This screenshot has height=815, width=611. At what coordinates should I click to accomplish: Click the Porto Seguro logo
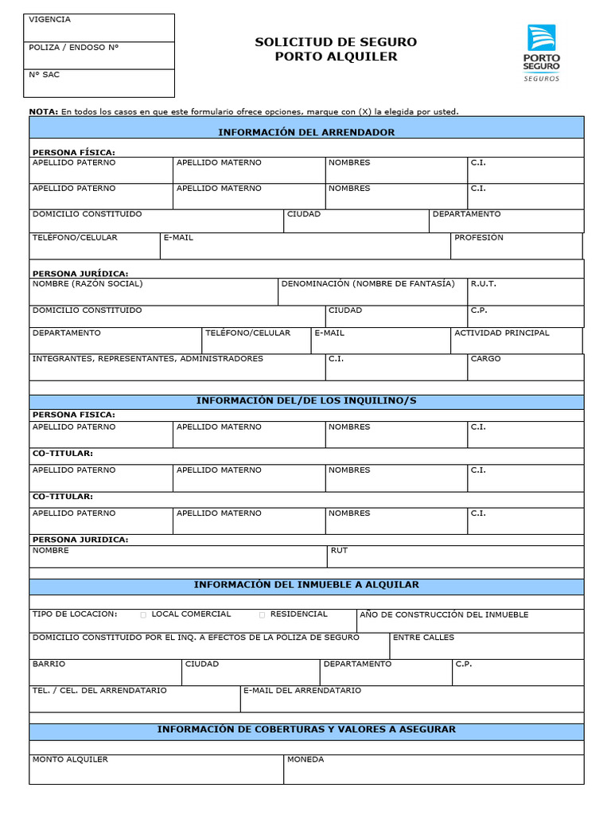point(542,53)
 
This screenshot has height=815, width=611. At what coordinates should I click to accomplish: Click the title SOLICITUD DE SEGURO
point(336,42)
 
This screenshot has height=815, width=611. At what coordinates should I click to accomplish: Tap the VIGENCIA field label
point(49,19)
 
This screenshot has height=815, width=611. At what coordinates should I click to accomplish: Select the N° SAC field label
point(44,75)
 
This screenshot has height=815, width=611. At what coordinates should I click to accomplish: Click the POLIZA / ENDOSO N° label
point(73,47)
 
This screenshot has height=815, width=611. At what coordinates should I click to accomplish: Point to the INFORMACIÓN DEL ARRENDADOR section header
point(306,132)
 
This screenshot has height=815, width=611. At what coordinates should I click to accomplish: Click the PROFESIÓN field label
point(478,238)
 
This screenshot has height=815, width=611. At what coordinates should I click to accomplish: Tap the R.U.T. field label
point(483,284)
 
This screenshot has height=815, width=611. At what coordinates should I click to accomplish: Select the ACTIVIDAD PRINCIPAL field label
point(501,333)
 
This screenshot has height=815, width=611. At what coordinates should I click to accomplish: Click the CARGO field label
point(485,359)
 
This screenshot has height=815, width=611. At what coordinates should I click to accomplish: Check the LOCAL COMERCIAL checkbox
point(143,615)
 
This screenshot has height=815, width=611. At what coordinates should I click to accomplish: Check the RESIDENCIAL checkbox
point(262,615)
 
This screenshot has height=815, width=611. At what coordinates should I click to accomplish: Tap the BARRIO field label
point(49,664)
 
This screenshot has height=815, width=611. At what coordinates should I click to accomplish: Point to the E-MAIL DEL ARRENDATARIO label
point(302,691)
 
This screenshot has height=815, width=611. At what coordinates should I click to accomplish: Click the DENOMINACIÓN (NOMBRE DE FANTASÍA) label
point(368,284)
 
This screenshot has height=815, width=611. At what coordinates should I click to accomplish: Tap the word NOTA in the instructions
point(43,112)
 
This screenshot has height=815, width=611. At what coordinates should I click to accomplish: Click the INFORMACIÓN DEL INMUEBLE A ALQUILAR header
point(306,585)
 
